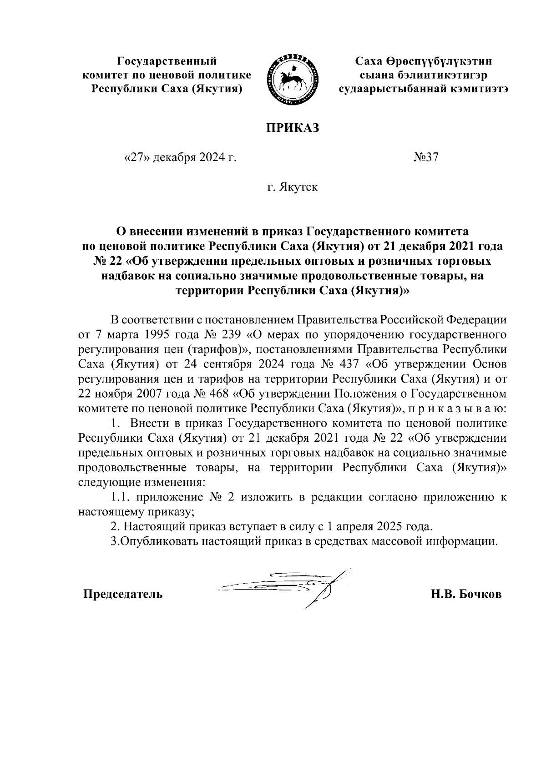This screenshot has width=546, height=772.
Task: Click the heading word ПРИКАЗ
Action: [293, 128]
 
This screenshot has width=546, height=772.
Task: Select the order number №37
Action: [426, 157]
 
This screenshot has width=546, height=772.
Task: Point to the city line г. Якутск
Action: [293, 187]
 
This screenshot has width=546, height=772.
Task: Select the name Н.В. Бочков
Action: [466, 594]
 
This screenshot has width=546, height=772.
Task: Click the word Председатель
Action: [122, 594]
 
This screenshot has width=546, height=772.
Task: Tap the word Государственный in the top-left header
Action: [167, 61]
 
